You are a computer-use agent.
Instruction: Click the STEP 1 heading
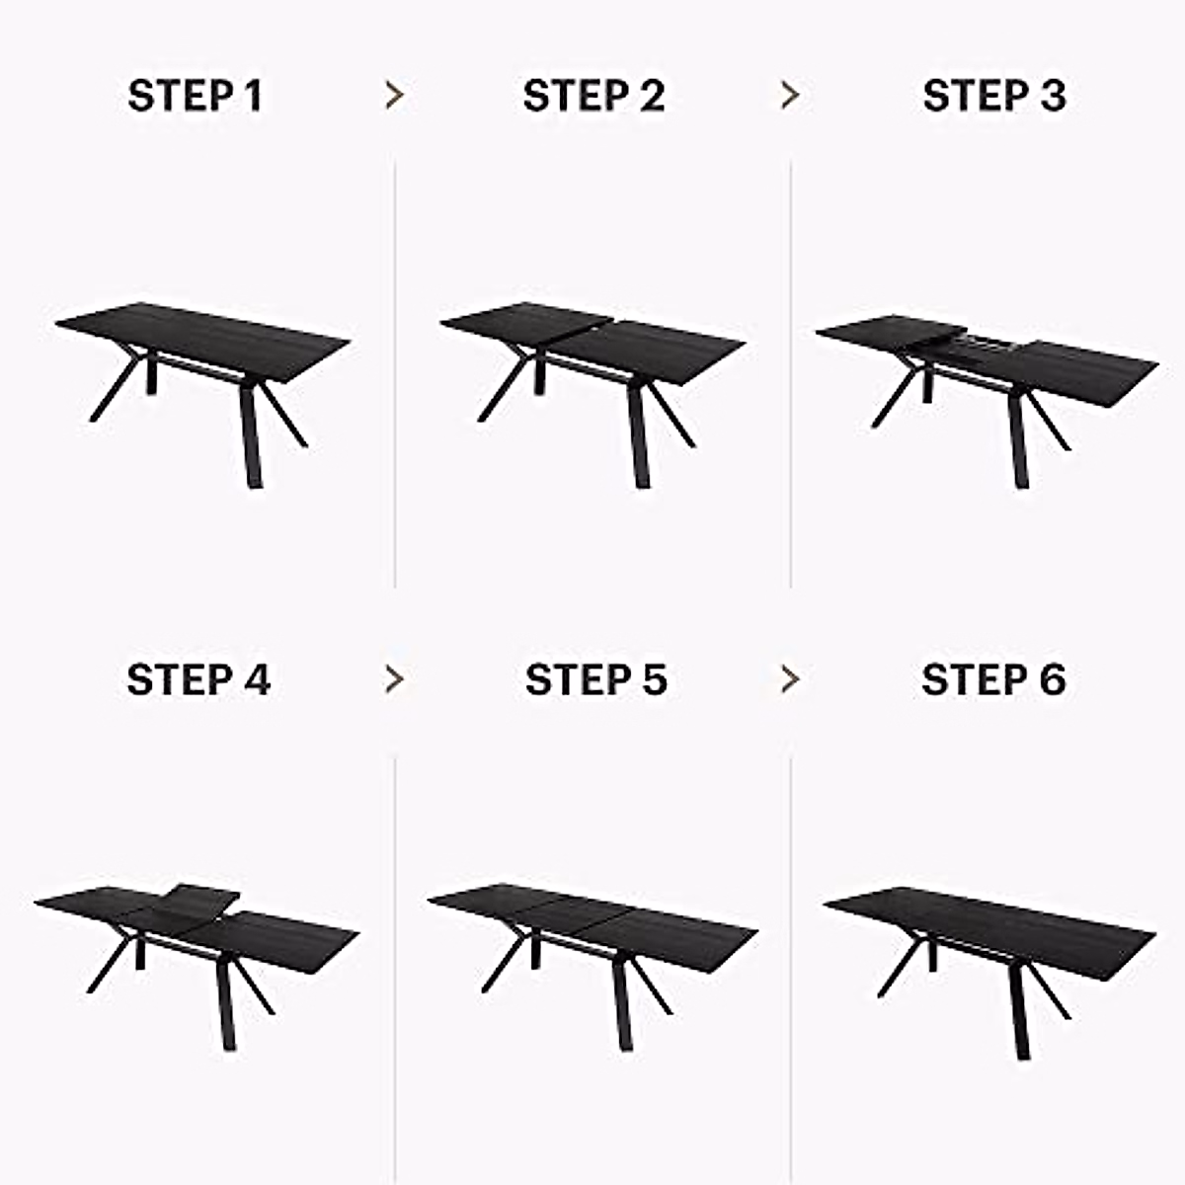pos(196,97)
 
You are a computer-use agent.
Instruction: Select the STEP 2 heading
pos(593,97)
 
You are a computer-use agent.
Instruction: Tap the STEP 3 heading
pos(993,97)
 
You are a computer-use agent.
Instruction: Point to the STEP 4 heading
pos(197,680)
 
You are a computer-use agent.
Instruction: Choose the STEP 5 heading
pos(595,680)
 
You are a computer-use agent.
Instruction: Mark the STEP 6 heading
pos(993,680)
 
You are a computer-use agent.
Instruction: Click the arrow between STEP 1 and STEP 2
pos(394,96)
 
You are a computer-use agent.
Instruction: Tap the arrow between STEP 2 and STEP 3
pos(789,96)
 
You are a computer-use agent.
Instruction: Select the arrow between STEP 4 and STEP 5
pos(394,679)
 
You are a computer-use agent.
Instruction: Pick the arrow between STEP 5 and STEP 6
pos(789,679)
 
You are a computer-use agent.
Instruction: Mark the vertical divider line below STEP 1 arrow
pos(395,375)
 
